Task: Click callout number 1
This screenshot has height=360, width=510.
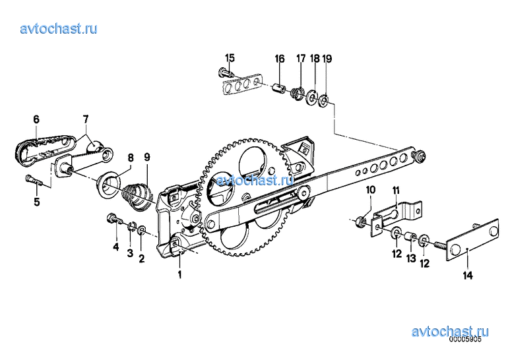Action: point(179,274)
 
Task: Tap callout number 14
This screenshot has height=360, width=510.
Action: point(468,276)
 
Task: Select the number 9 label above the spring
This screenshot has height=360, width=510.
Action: point(147,158)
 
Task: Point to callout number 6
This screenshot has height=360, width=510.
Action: point(36,119)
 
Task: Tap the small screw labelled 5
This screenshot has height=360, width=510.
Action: point(33,180)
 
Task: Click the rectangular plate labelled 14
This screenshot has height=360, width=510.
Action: point(472,239)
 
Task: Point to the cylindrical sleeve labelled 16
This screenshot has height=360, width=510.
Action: point(279,88)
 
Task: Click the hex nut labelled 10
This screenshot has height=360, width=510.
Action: point(360,222)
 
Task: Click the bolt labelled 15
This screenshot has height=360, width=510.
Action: point(226,71)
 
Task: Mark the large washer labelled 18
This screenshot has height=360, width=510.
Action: point(311,97)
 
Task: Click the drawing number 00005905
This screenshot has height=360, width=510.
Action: point(464,340)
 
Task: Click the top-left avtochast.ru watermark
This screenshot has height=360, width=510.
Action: point(59,28)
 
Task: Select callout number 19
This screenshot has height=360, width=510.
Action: point(327,59)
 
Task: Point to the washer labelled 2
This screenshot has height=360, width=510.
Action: point(142,229)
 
